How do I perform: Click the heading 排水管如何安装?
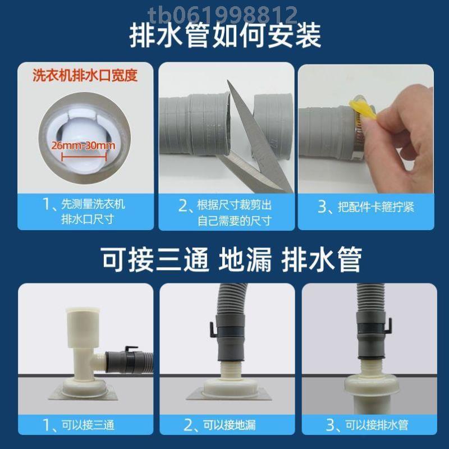[x=224, y=35]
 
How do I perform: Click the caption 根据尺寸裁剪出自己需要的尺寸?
[x=227, y=212]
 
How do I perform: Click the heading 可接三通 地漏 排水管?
[x=224, y=259]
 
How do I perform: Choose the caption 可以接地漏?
[x=227, y=425]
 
